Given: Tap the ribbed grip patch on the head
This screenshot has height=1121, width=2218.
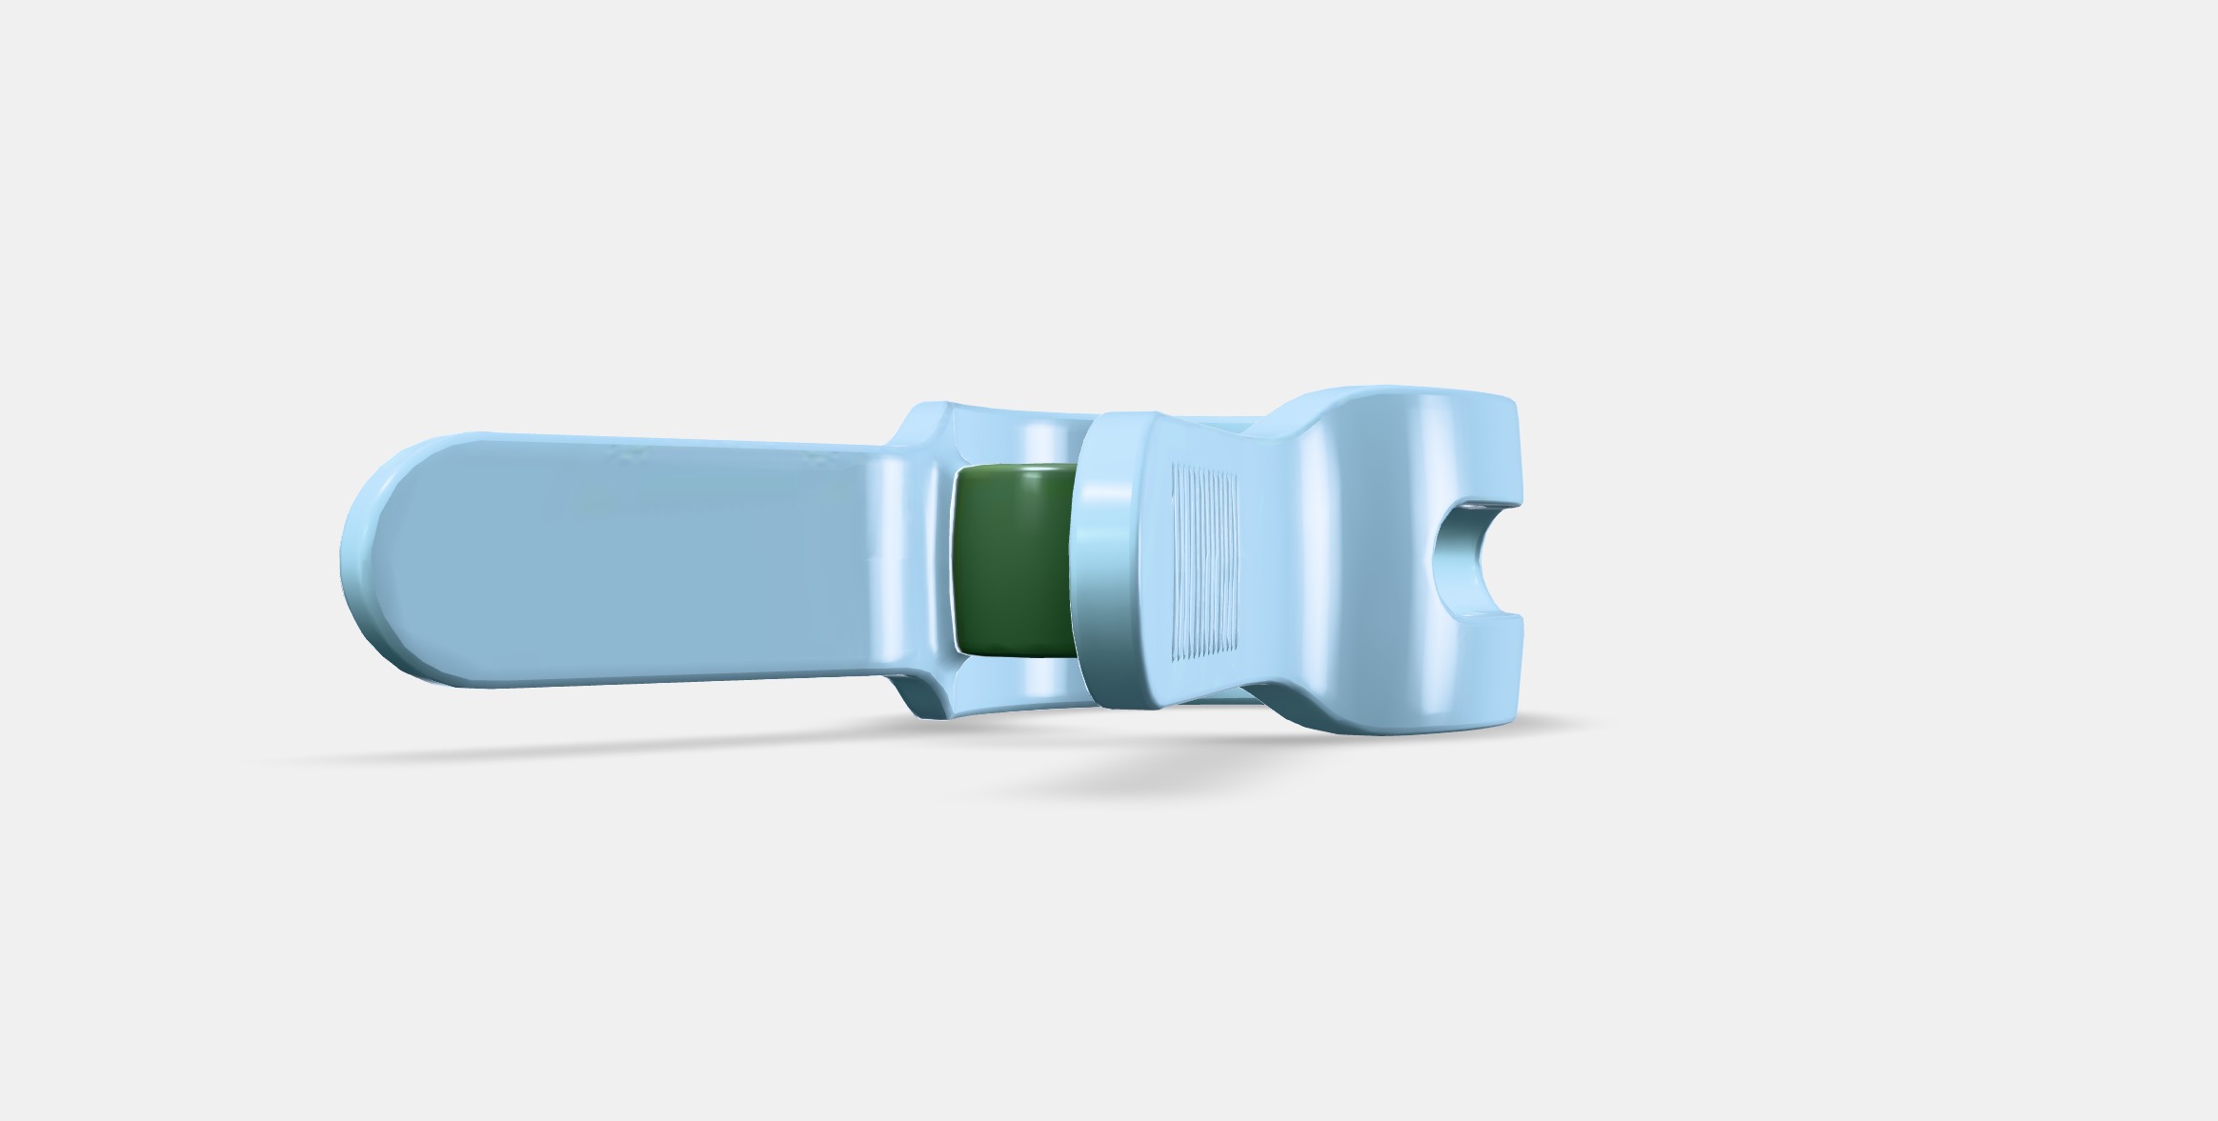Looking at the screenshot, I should (x=1204, y=562).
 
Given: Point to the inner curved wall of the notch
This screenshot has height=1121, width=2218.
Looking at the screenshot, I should (x=1448, y=562).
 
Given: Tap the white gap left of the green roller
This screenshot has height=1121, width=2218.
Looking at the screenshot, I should (x=954, y=562).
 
